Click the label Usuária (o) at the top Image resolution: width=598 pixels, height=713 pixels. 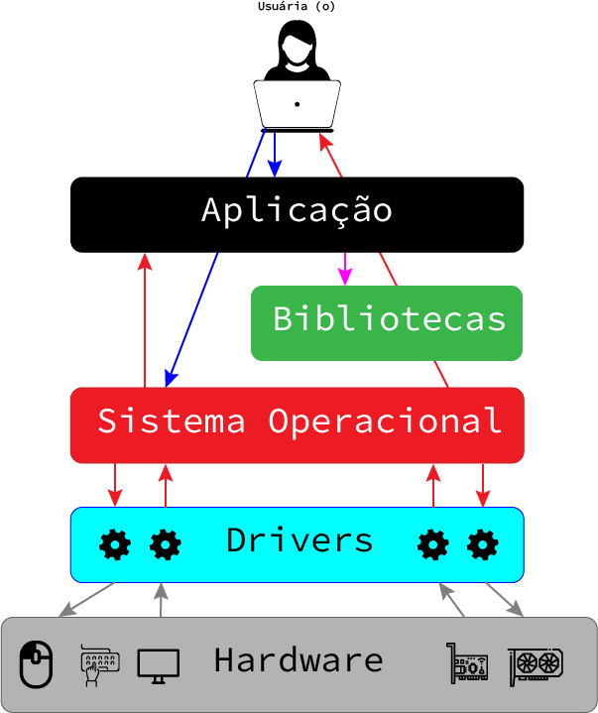pyautogui.click(x=297, y=7)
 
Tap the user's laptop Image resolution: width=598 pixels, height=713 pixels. pyautogui.click(x=298, y=104)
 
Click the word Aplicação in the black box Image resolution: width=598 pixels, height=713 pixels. pyautogui.click(x=297, y=211)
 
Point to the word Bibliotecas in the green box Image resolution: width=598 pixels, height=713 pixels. pyautogui.click(x=389, y=320)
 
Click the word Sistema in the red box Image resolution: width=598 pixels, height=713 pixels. pyautogui.click(x=171, y=421)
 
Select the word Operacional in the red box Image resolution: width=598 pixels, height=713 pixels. pyautogui.click(x=385, y=421)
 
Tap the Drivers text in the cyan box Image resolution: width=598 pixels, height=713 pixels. pyautogui.click(x=299, y=540)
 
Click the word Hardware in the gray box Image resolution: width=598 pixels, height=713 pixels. pyautogui.click(x=298, y=660)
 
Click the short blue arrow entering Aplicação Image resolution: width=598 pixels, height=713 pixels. pyautogui.click(x=276, y=154)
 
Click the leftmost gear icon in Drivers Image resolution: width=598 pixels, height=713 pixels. pyautogui.click(x=116, y=544)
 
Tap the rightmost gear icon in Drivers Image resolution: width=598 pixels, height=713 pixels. pyautogui.click(x=483, y=544)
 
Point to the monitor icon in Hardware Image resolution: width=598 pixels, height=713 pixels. pyautogui.click(x=158, y=664)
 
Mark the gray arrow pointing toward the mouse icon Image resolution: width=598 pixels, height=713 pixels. pyautogui.click(x=87, y=599)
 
